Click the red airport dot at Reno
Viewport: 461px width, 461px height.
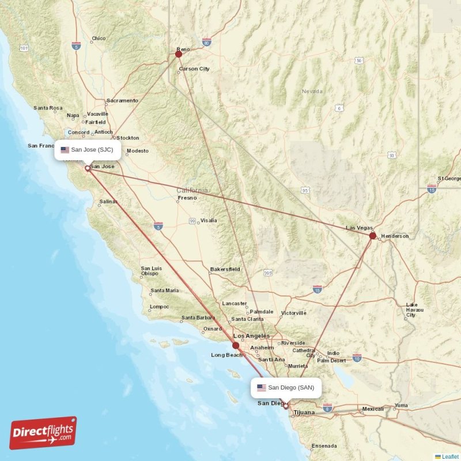[179, 55]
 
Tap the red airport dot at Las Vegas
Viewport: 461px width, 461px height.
[373, 236]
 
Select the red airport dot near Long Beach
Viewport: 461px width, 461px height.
[236, 345]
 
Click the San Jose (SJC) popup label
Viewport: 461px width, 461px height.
[88, 150]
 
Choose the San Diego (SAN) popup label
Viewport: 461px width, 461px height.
[285, 388]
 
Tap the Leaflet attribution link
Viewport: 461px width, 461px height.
[450, 456]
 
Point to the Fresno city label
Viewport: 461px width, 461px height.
[187, 198]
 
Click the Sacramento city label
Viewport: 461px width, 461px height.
[122, 100]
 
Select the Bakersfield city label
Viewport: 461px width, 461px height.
[225, 269]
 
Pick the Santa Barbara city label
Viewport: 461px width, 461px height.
[198, 318]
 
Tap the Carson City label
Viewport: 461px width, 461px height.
[194, 69]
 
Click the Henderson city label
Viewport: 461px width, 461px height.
[395, 236]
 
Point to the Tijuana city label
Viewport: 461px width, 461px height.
[305, 413]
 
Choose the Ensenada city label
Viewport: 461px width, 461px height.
[324, 446]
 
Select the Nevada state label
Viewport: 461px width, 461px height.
[312, 92]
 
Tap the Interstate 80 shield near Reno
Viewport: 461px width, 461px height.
[207, 42]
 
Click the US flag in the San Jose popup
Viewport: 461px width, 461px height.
[65, 150]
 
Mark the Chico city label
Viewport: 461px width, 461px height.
[99, 39]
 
